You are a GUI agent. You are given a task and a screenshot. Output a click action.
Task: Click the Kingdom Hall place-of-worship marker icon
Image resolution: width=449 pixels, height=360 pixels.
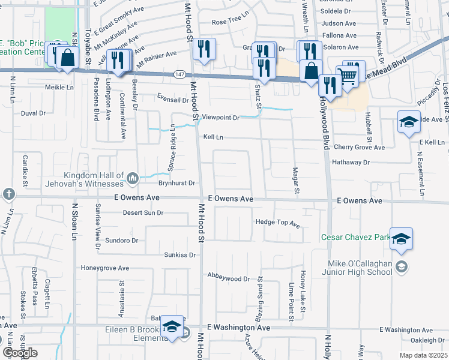[x=133, y=177]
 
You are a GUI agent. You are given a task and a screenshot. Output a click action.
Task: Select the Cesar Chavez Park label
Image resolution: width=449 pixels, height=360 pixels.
[x=356, y=238]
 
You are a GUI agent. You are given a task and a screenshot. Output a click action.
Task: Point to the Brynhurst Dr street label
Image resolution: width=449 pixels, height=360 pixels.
[x=177, y=183]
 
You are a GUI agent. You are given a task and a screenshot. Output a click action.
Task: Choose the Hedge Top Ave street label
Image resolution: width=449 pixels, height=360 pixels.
[x=277, y=223]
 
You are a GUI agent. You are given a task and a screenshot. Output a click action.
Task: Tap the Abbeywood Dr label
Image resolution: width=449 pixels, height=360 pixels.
[x=229, y=278]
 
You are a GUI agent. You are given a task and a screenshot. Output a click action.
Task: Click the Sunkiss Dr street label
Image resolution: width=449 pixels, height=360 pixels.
[x=180, y=255]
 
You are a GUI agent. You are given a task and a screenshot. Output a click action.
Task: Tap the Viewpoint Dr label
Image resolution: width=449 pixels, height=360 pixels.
[x=220, y=118]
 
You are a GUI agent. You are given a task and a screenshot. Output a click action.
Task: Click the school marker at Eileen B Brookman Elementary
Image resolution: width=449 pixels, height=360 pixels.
[x=172, y=327]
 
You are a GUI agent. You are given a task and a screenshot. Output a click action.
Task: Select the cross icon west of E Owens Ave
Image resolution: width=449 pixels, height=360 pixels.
[x=8, y=194]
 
